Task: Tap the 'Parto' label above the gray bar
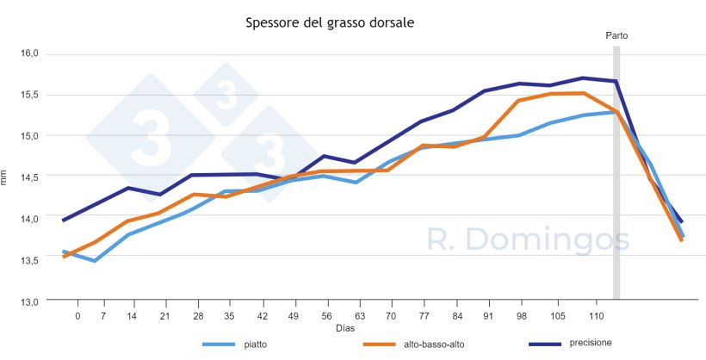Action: (616, 35)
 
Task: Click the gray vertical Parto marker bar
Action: (616, 172)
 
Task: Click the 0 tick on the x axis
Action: (77, 316)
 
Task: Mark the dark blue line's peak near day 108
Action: (583, 78)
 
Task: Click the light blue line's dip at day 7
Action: (94, 261)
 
